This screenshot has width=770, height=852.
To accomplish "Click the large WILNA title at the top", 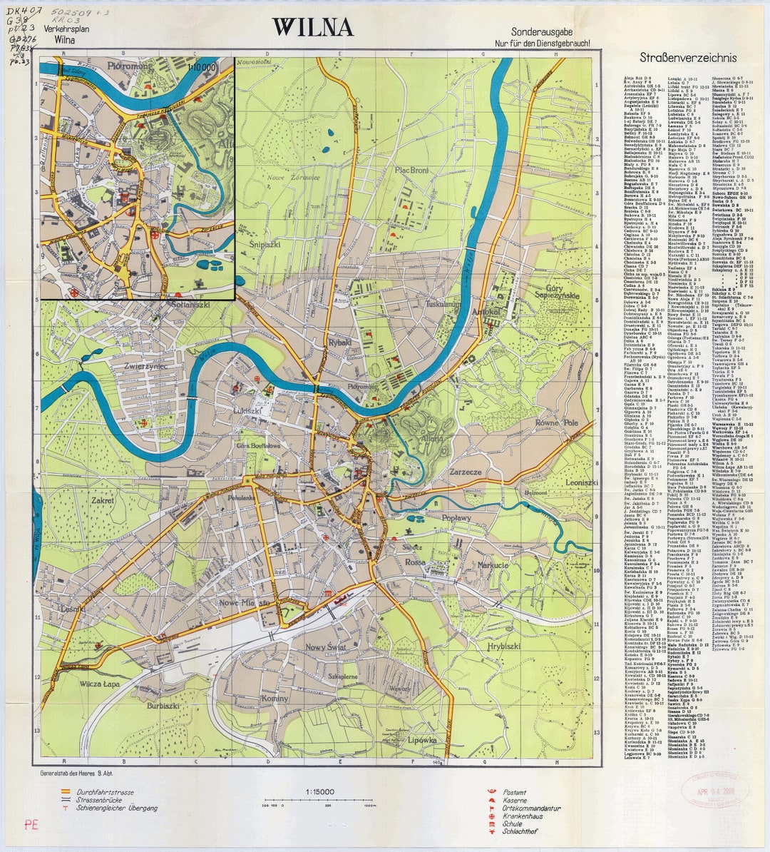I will pyautogui.click(x=312, y=28).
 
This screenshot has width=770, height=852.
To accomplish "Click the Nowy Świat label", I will pyautogui.click(x=325, y=646).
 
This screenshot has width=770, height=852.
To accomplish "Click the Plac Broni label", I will pyautogui.click(x=414, y=170).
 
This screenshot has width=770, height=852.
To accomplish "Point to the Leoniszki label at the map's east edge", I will pyautogui.click(x=581, y=482).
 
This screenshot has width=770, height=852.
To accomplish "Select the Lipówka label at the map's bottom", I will pyautogui.click(x=423, y=740).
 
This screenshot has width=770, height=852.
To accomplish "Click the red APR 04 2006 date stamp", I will pyautogui.click(x=716, y=791).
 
